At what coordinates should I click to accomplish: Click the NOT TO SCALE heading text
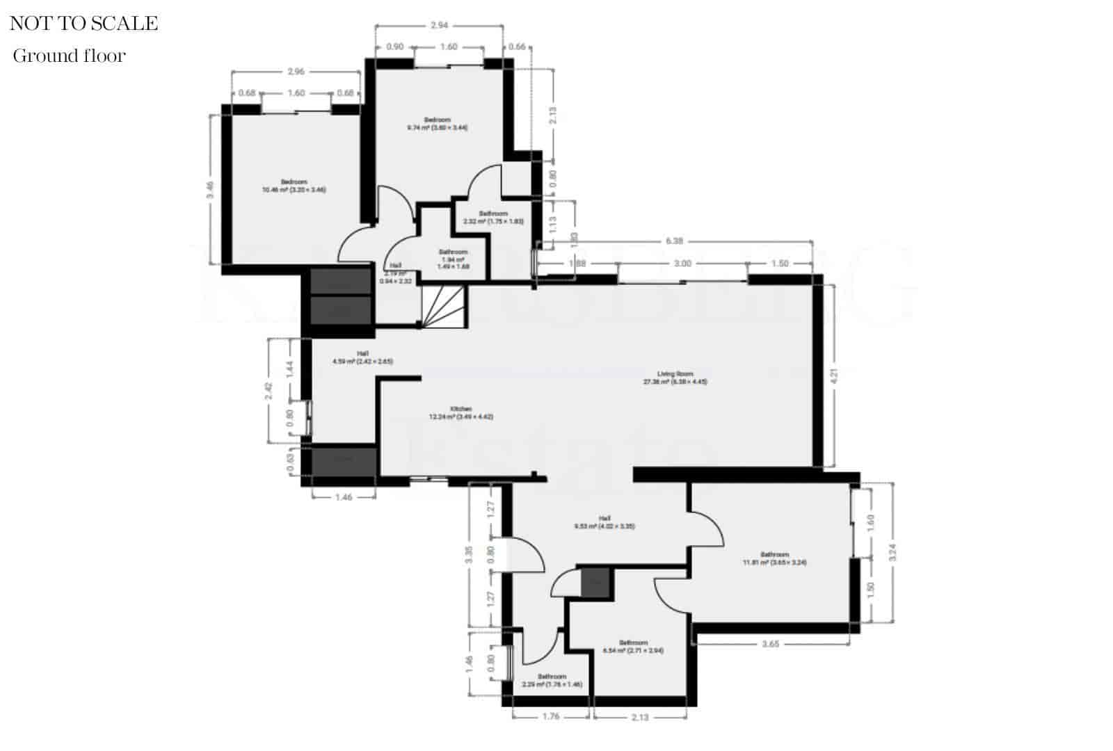[x=84, y=23]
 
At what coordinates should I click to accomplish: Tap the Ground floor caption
[x=69, y=56]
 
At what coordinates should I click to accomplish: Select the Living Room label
[x=675, y=378]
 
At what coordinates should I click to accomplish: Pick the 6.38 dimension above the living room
[x=673, y=241]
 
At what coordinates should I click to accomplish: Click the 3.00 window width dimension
[x=683, y=264]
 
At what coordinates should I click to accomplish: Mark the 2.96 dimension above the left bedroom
[x=296, y=71]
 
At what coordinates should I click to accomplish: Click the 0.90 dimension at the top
[x=394, y=47]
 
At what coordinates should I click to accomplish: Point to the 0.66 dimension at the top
[x=517, y=47]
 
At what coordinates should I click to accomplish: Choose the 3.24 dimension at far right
[x=892, y=552]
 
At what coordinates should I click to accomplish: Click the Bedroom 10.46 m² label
[x=294, y=186]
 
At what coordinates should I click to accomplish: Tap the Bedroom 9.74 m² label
[x=438, y=124]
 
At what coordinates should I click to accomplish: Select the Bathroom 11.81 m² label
[x=774, y=558]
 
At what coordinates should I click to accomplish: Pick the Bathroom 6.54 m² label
[x=633, y=647]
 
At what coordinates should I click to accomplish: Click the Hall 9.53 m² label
[x=604, y=522]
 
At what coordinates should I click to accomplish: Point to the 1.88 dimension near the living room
[x=577, y=264]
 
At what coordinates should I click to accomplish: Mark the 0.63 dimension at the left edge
[x=291, y=462]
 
